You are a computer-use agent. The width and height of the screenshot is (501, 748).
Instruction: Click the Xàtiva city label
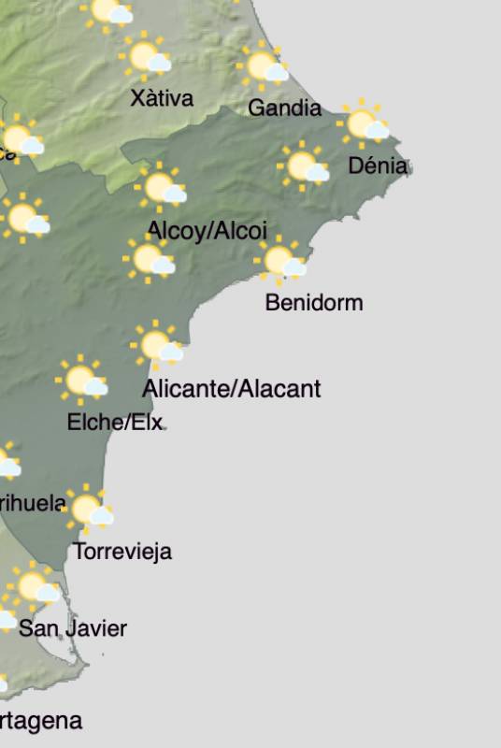(x=162, y=97)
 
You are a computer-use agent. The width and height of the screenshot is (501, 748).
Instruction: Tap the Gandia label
(x=284, y=108)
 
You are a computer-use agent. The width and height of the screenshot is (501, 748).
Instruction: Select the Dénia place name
(x=378, y=166)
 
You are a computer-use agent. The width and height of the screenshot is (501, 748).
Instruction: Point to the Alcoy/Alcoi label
(x=208, y=230)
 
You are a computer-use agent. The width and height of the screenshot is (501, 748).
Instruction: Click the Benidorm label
(x=314, y=303)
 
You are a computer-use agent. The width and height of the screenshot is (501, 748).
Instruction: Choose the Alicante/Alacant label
(x=232, y=388)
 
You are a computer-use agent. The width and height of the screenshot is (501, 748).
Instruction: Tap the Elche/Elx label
(x=115, y=423)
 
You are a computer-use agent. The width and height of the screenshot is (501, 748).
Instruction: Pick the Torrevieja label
(x=122, y=552)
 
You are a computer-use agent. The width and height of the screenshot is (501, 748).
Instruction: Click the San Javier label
(x=73, y=628)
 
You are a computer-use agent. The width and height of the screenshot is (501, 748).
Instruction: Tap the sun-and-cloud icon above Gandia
(x=264, y=66)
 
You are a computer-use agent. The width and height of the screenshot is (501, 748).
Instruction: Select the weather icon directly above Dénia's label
(x=364, y=123)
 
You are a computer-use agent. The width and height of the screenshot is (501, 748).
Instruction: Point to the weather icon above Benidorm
(x=281, y=261)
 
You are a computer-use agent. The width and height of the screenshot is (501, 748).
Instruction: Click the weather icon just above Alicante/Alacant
(x=158, y=345)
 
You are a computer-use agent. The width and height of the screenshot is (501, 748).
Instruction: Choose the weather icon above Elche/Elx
(x=83, y=381)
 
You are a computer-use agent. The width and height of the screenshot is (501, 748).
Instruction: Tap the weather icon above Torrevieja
(x=90, y=510)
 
